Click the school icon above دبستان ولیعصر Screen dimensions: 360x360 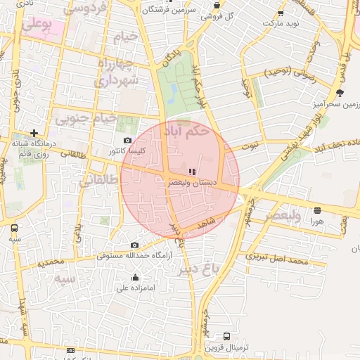tap(192, 172)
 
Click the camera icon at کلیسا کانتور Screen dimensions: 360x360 tap(127, 141)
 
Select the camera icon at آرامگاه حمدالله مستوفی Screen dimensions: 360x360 tap(135, 245)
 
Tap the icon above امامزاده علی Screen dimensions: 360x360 tap(135, 277)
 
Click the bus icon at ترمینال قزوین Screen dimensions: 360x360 tap(226, 337)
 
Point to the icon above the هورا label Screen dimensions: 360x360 tap(318, 210)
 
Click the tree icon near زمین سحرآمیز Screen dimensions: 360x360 tap(341, 92)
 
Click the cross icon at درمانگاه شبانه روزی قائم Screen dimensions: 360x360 tap(34, 133)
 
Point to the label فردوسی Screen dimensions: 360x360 tap(84, 9)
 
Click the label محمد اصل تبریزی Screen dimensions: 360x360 tap(278, 261)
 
